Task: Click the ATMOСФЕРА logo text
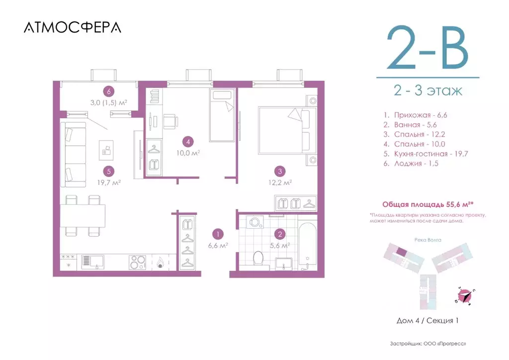pos(72,27)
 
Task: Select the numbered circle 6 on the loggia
pos(107,91)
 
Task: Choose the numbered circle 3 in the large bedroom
pos(281,172)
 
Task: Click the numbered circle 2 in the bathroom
pos(280,233)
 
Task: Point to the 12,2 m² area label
pos(281,182)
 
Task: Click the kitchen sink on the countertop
pos(91,260)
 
